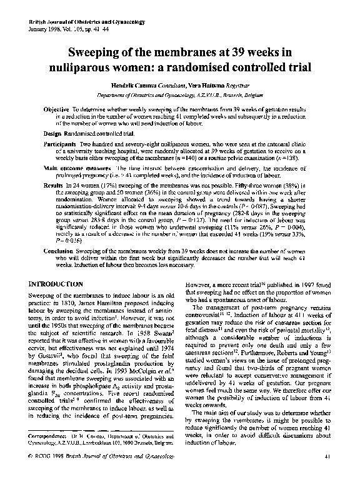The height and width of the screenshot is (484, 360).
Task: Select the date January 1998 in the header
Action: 46,30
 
